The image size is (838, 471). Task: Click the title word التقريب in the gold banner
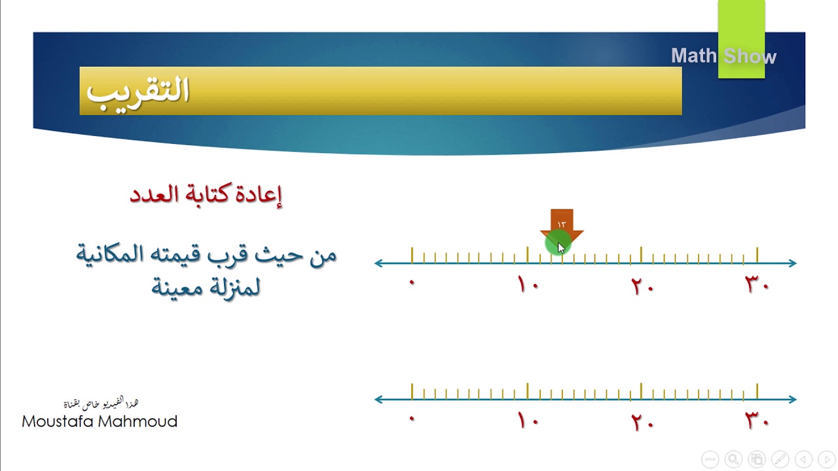pos(138,91)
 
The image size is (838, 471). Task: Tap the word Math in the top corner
pos(694,56)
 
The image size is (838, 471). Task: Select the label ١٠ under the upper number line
pos(528,285)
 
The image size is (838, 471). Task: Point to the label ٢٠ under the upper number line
pos(642,285)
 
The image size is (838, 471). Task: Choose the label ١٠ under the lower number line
pos(528,421)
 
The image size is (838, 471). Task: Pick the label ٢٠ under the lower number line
pos(642,421)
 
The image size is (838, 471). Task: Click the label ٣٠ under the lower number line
pos(757,421)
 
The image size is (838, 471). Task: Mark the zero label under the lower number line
pos(412,419)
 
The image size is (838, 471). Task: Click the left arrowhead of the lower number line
pos(379,399)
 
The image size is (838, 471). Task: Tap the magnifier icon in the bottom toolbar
pos(733,459)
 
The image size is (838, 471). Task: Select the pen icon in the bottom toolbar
pos(780,459)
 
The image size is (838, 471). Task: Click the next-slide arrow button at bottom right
pos(826,459)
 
